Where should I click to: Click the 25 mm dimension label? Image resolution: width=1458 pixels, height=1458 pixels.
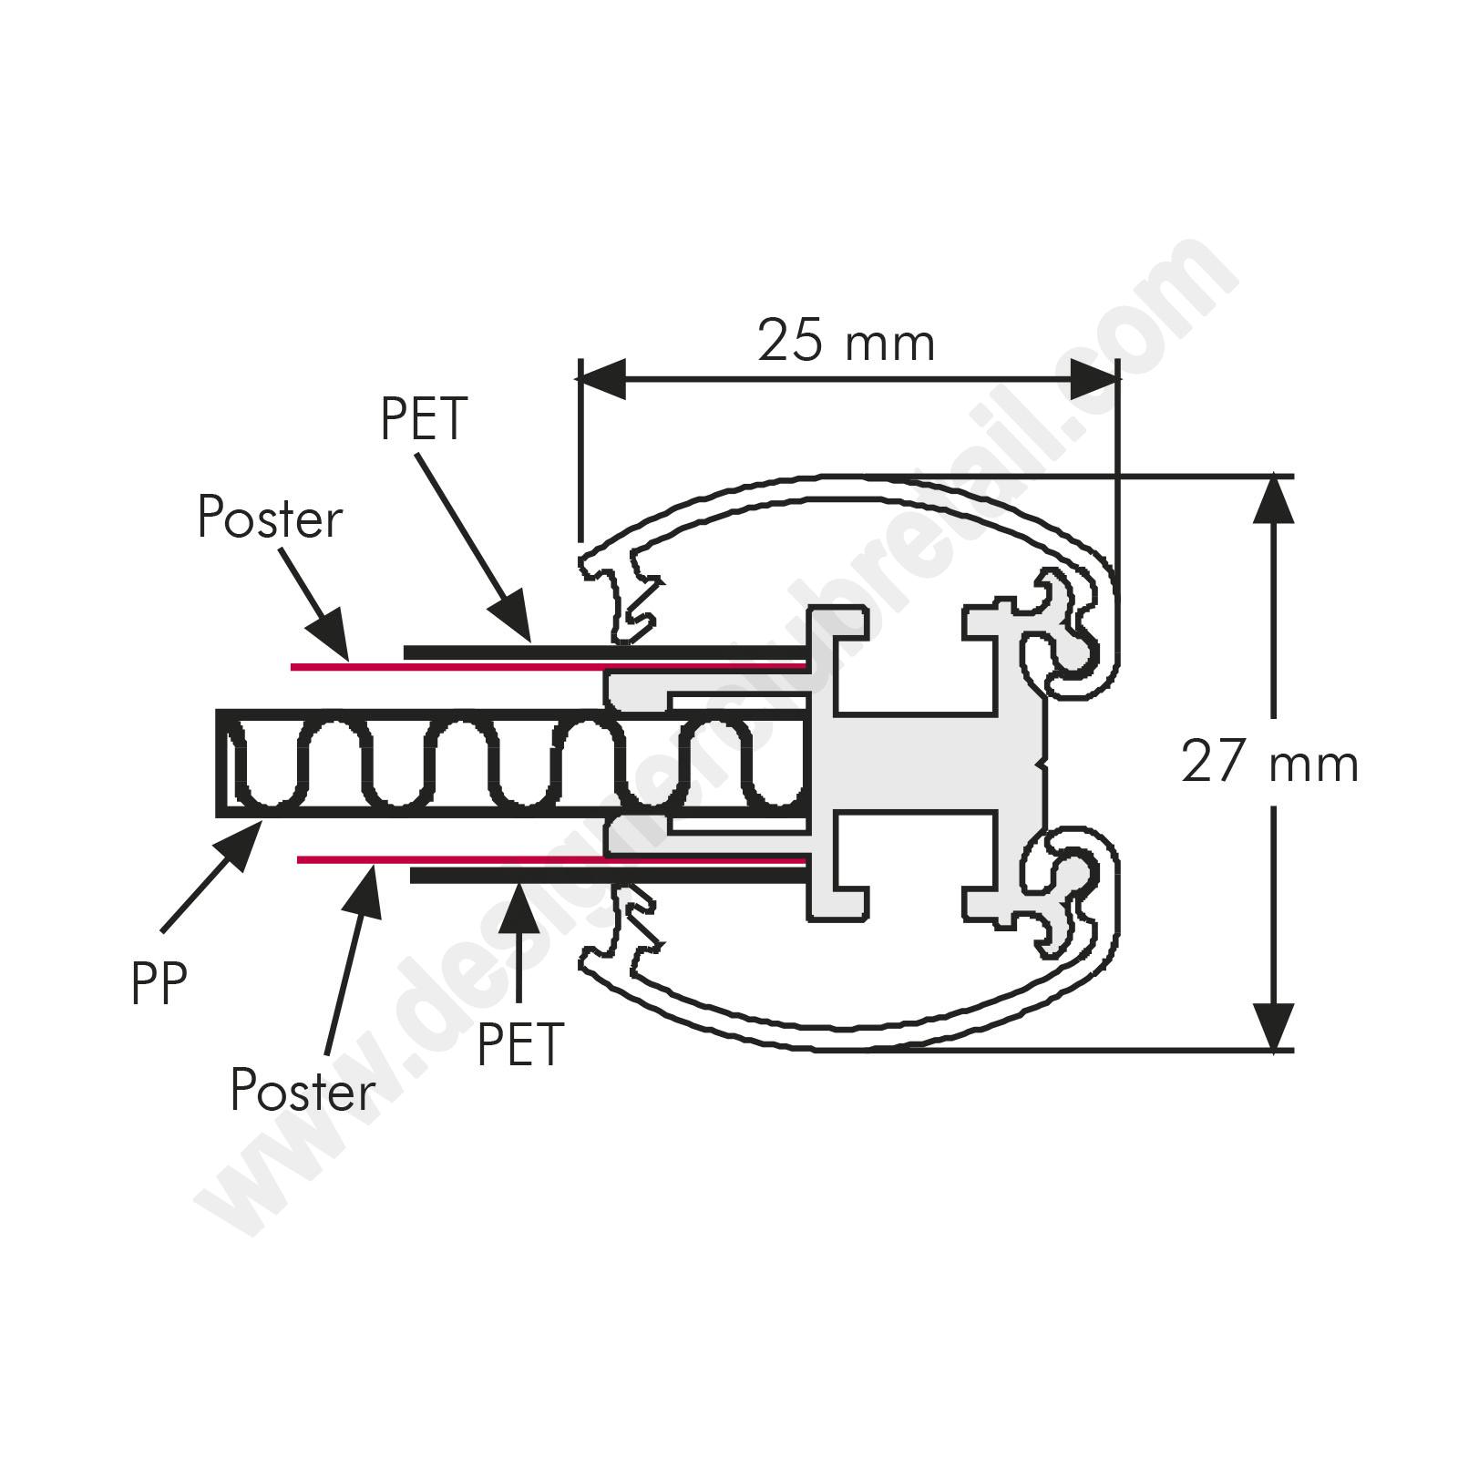pyautogui.click(x=847, y=342)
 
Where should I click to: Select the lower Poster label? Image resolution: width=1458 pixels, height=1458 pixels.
pyautogui.click(x=303, y=1089)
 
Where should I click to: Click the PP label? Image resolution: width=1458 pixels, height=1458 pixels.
pyautogui.click(x=159, y=984)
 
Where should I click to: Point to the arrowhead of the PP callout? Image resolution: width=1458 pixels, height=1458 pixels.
pyautogui.click(x=240, y=841)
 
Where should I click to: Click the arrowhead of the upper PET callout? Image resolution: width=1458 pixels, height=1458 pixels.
pyautogui.click(x=513, y=618)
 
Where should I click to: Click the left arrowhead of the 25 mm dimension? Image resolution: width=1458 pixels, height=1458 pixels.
pyautogui.click(x=602, y=379)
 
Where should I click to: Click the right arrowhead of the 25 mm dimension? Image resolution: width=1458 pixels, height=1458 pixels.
pyautogui.click(x=1093, y=379)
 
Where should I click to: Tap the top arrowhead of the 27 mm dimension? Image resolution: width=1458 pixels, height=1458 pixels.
pyautogui.click(x=1273, y=499)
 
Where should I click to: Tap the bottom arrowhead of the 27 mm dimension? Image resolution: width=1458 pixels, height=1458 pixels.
pyautogui.click(x=1273, y=1026)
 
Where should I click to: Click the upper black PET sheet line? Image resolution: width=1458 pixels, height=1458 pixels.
pyautogui.click(x=607, y=653)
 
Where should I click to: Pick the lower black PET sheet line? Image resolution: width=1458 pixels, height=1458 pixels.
pyautogui.click(x=611, y=876)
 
